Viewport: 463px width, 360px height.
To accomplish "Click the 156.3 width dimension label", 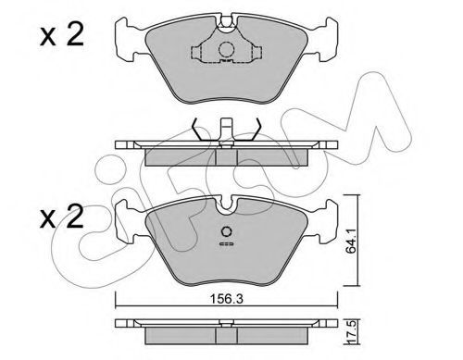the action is [x=227, y=299].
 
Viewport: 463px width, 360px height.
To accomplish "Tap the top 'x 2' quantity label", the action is [x=62, y=35].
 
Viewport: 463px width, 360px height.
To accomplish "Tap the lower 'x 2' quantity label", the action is [x=62, y=217].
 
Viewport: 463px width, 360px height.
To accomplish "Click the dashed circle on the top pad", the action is [x=226, y=49].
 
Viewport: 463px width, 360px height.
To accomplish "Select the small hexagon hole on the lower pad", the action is [x=226, y=231].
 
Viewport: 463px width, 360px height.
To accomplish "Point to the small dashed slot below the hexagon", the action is [x=226, y=244].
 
